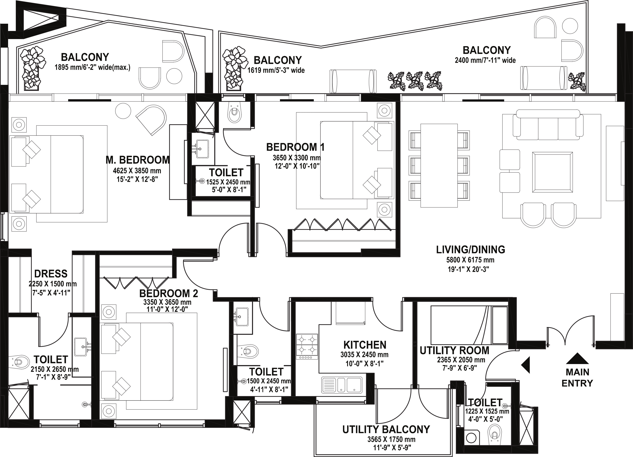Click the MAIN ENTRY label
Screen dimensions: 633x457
coord(577,378)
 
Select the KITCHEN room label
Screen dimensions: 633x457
coord(365,345)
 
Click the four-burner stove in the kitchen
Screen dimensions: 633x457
coord(307,346)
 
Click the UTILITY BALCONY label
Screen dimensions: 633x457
coord(386,429)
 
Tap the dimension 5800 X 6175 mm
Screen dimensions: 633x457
coord(470,260)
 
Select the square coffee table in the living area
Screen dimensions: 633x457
coord(552,172)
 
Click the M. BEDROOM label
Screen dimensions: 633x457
coord(138,160)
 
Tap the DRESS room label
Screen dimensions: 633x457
coord(51,274)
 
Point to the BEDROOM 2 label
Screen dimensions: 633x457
coord(169,293)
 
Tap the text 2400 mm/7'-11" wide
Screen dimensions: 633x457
coord(485,60)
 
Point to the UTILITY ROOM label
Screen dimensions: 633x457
coord(454,350)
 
